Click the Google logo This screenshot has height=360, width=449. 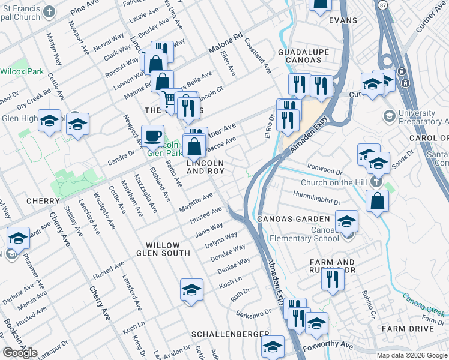tap(20, 353)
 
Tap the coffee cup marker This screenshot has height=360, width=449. tap(152, 135)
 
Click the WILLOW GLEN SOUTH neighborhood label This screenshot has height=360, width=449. tap(163, 251)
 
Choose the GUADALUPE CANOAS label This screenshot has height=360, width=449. tap(303, 58)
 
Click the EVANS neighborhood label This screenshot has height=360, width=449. tap(343, 20)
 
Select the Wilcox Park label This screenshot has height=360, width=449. tap(22, 71)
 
